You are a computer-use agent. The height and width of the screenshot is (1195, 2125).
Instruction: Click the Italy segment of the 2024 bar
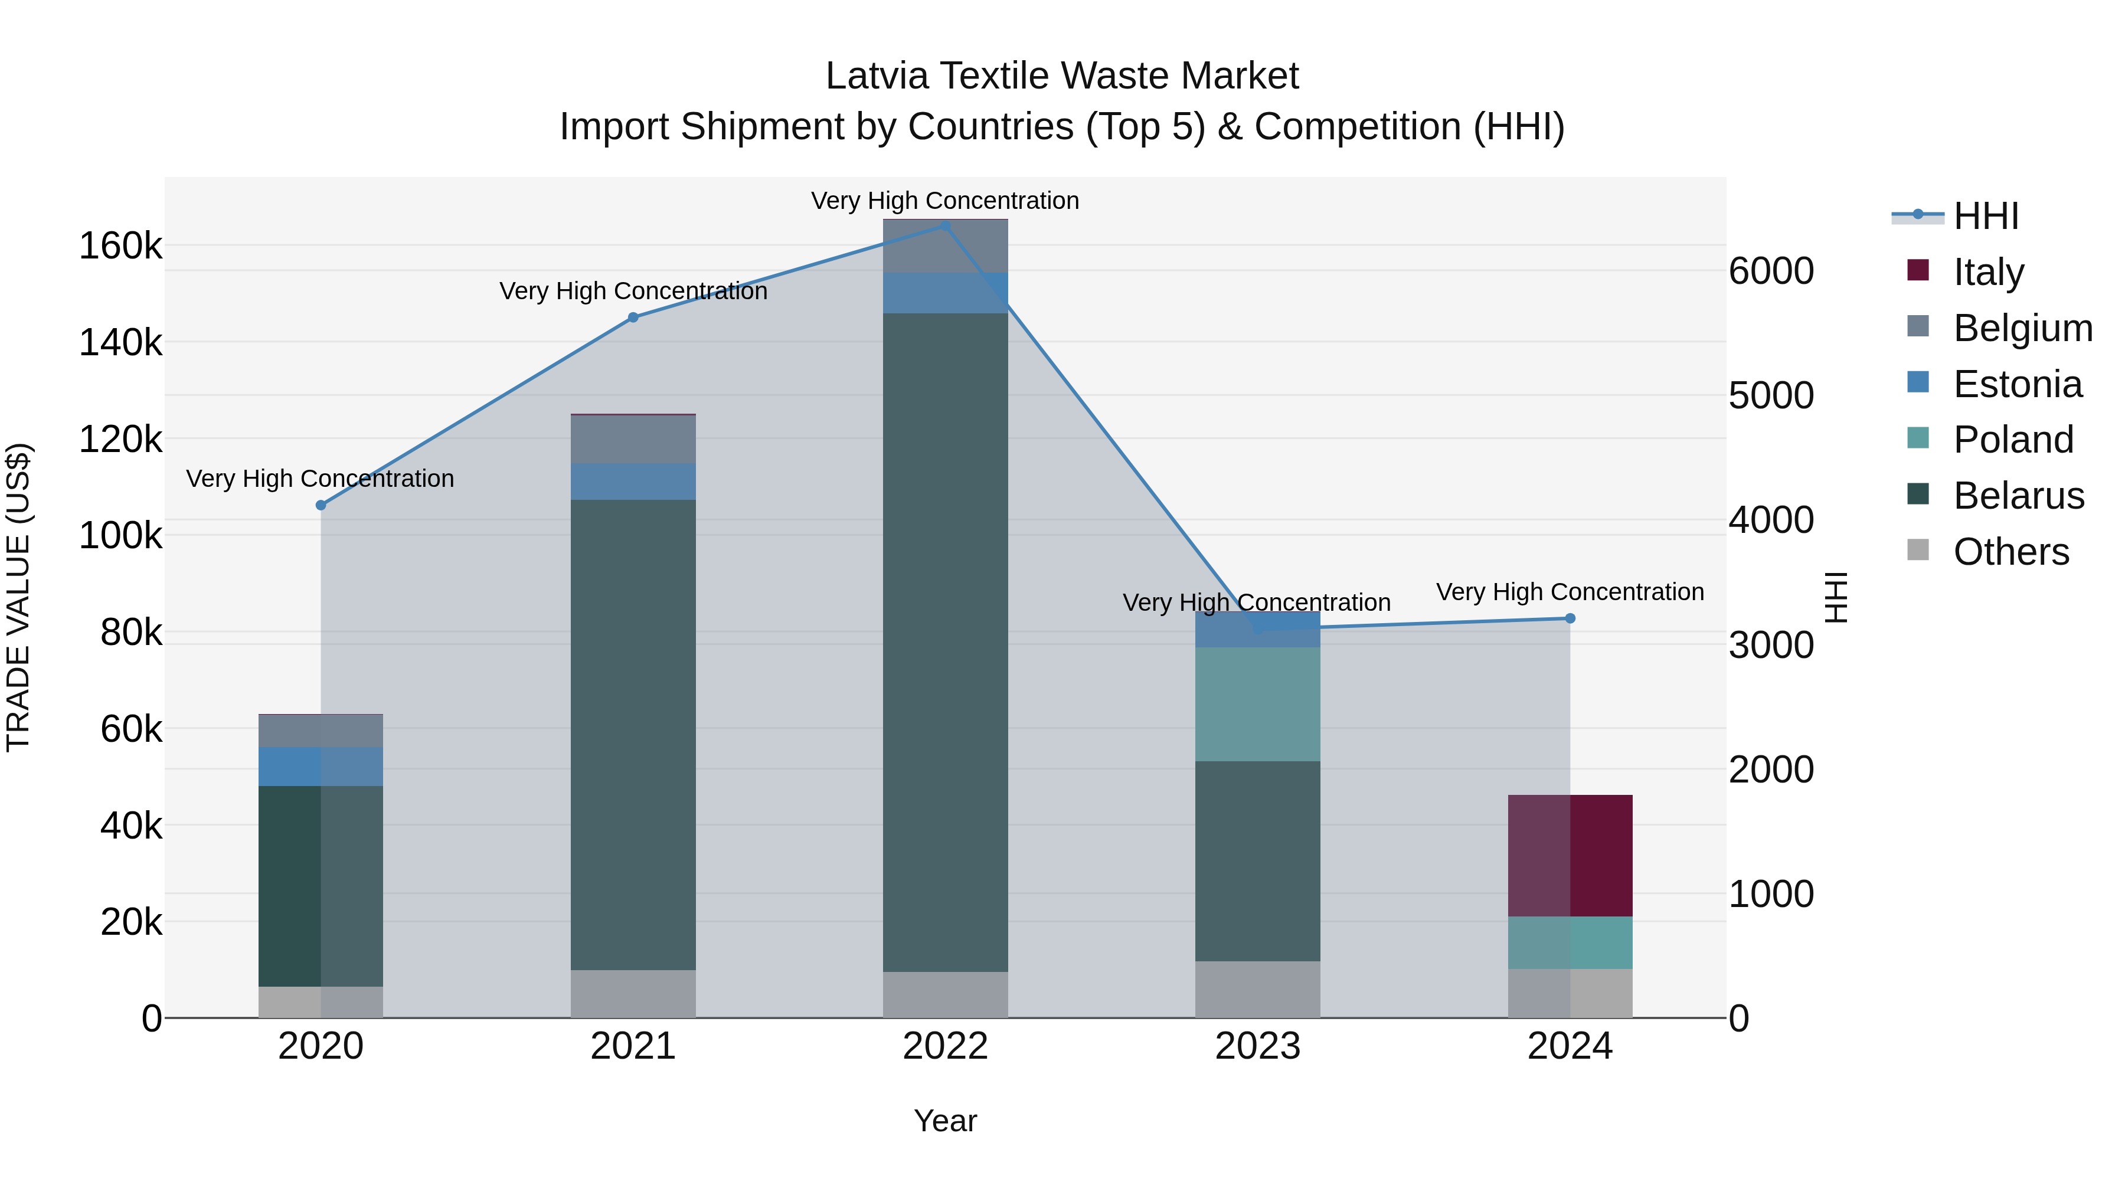[x=1570, y=855]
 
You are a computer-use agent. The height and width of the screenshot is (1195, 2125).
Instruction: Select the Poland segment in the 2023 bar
[x=1257, y=703]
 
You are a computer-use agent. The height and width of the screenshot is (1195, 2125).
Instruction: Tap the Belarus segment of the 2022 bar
[x=946, y=641]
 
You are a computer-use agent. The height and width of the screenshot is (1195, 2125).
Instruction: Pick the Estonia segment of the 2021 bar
[x=633, y=482]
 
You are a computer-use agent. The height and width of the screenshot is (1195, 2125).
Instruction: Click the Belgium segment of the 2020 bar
[x=321, y=731]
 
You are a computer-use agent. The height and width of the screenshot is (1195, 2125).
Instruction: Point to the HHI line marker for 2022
[x=946, y=226]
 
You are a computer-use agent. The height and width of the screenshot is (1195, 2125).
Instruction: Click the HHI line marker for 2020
[x=321, y=505]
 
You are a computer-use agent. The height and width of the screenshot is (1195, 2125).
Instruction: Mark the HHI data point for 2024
[x=1570, y=618]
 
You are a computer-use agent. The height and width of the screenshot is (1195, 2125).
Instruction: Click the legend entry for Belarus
[x=2018, y=496]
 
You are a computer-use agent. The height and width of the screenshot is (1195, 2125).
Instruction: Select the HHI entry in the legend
[x=1986, y=216]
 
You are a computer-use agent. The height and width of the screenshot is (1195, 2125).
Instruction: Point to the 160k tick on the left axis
[x=120, y=245]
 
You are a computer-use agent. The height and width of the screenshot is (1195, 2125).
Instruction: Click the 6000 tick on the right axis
[x=1771, y=271]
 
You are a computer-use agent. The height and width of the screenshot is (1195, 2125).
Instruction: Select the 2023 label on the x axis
[x=1257, y=1046]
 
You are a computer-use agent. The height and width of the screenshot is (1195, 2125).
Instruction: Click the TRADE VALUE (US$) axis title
[x=18, y=597]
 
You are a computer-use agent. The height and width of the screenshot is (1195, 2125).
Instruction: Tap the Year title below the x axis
[x=946, y=1121]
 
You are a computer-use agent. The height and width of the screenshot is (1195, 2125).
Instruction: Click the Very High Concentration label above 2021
[x=633, y=291]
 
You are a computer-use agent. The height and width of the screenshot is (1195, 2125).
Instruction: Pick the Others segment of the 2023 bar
[x=1257, y=989]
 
